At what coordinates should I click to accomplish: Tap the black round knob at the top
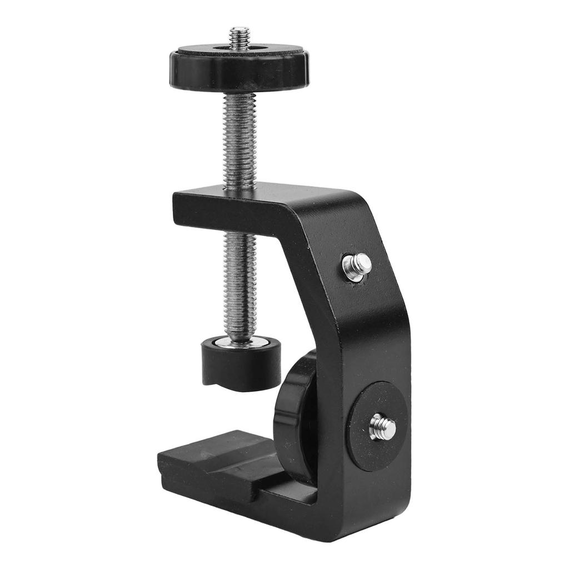[239, 72]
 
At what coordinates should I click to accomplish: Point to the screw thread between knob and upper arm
[239, 139]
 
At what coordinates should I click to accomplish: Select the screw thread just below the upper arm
[240, 278]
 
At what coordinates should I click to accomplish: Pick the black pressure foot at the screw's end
[240, 367]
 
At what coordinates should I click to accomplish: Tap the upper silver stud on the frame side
[358, 265]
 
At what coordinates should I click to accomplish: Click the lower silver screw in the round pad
[382, 427]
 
